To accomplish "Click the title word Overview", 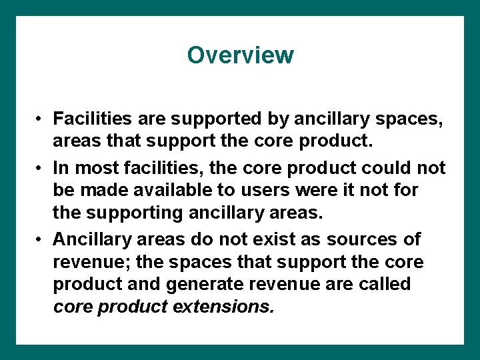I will [240, 55].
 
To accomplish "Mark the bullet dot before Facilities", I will [41, 119].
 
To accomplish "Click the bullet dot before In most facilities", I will [41, 168].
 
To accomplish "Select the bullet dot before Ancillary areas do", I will [41, 239].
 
